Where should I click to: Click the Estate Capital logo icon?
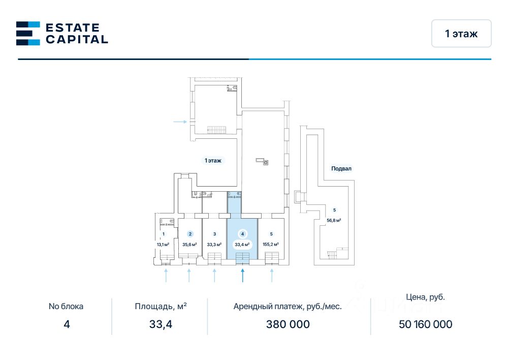click(x=28, y=34)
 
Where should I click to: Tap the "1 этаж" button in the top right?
click(x=461, y=34)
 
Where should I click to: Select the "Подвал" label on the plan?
click(x=341, y=168)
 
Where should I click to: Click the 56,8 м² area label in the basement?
click(x=334, y=220)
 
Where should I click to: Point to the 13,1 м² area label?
click(x=163, y=244)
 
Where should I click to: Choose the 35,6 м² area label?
click(x=190, y=244)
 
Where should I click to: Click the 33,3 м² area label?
click(x=214, y=244)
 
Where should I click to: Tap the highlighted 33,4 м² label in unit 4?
click(x=242, y=244)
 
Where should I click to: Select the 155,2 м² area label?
click(x=271, y=244)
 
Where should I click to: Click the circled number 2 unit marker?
click(x=190, y=234)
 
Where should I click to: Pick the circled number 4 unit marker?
click(x=243, y=234)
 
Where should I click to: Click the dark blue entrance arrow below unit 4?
click(x=243, y=275)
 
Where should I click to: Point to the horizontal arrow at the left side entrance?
click(x=180, y=122)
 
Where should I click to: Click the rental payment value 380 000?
click(x=288, y=324)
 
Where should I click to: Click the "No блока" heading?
click(x=66, y=306)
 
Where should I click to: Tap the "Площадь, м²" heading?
click(x=161, y=306)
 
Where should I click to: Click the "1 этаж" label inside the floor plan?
click(x=213, y=160)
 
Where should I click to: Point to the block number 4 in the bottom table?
click(x=66, y=324)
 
